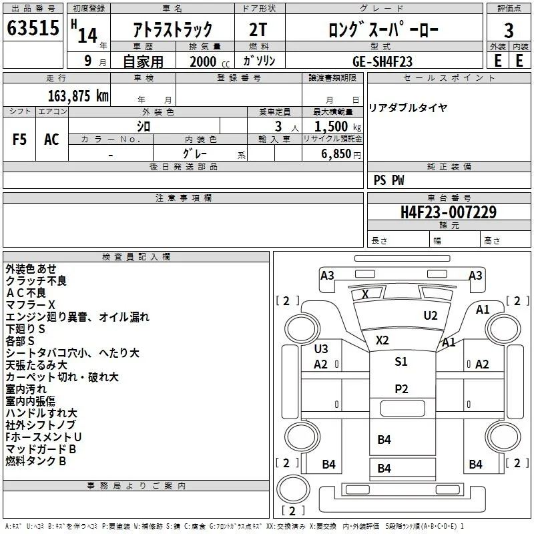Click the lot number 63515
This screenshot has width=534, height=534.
click(33, 28)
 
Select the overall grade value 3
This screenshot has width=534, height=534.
click(509, 31)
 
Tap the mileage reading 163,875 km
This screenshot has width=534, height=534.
click(78, 96)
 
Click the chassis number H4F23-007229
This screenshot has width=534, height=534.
click(449, 212)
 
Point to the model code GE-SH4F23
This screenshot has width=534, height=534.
click(382, 61)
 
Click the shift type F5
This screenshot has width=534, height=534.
click(19, 140)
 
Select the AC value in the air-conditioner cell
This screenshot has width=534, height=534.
click(51, 140)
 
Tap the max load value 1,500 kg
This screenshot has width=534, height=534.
click(338, 127)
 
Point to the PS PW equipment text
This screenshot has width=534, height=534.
click(388, 180)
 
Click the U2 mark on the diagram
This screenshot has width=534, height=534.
click(431, 316)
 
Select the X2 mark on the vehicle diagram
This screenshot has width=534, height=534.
click(382, 340)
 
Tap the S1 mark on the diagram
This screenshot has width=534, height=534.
click(401, 361)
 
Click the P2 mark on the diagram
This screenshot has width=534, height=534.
click(401, 389)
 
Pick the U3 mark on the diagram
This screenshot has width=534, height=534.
click(321, 348)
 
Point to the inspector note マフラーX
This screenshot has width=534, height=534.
click(30, 305)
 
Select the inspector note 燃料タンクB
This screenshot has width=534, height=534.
click(36, 461)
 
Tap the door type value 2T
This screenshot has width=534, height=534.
click(258, 29)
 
